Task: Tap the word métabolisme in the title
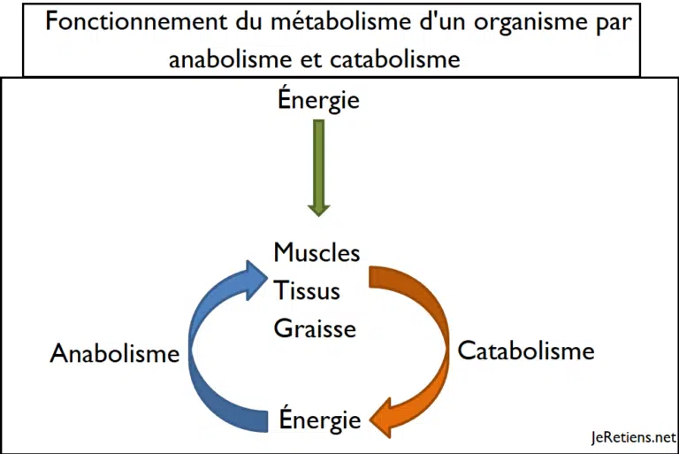(340, 21)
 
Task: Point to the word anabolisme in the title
(230, 58)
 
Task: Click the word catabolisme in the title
(395, 58)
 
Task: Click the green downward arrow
(318, 168)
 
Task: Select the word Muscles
(317, 252)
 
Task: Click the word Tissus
(307, 290)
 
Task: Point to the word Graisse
(315, 328)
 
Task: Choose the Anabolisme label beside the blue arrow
(115, 353)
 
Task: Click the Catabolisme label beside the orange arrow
(526, 350)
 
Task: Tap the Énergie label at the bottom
(320, 419)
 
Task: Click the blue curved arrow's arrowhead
(256, 280)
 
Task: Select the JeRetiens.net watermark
(634, 437)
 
